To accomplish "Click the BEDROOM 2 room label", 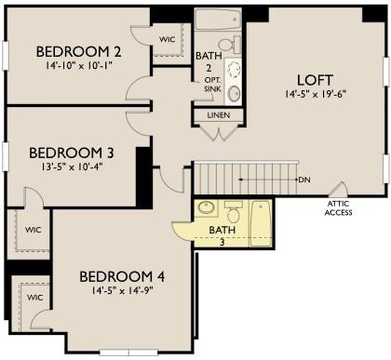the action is (78, 52).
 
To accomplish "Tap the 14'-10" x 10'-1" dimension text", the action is (79, 66).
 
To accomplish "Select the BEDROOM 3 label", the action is (72, 153).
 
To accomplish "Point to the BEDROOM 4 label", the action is (122, 276).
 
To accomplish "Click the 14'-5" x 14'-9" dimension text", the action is (122, 291).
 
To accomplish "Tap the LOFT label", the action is (316, 80).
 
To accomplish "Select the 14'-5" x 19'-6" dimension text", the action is (316, 94).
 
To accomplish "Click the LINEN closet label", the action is (219, 115).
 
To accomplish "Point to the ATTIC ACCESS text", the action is (338, 208).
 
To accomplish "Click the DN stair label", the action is (304, 180).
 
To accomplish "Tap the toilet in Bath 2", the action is (230, 45).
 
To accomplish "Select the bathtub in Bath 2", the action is (219, 20).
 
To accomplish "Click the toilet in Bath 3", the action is (234, 211).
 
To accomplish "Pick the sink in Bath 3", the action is (206, 207).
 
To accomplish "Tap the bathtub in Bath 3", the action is (260, 223).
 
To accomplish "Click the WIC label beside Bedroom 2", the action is (168, 39).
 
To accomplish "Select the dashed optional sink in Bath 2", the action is (234, 70).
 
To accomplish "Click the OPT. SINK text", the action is (212, 85).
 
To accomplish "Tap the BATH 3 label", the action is (222, 235).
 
